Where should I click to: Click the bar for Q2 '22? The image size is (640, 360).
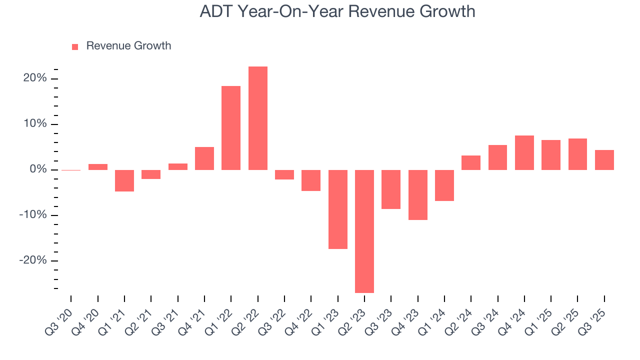[258, 118]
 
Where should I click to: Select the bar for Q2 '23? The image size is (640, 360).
[364, 231]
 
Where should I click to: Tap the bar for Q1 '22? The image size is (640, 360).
[231, 128]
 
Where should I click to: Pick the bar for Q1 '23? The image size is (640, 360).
[338, 209]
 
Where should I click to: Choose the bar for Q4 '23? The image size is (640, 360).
[418, 194]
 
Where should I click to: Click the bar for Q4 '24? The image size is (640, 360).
[524, 152]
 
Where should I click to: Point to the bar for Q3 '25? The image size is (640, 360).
[604, 160]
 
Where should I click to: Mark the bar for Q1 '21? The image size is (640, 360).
[124, 180]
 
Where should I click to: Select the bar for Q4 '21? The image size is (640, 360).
[204, 158]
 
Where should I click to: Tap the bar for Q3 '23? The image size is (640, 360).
[391, 189]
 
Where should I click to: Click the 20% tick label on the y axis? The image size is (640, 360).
[34, 78]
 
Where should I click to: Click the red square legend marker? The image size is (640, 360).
[75, 46]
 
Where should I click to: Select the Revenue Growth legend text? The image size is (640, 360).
[128, 46]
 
